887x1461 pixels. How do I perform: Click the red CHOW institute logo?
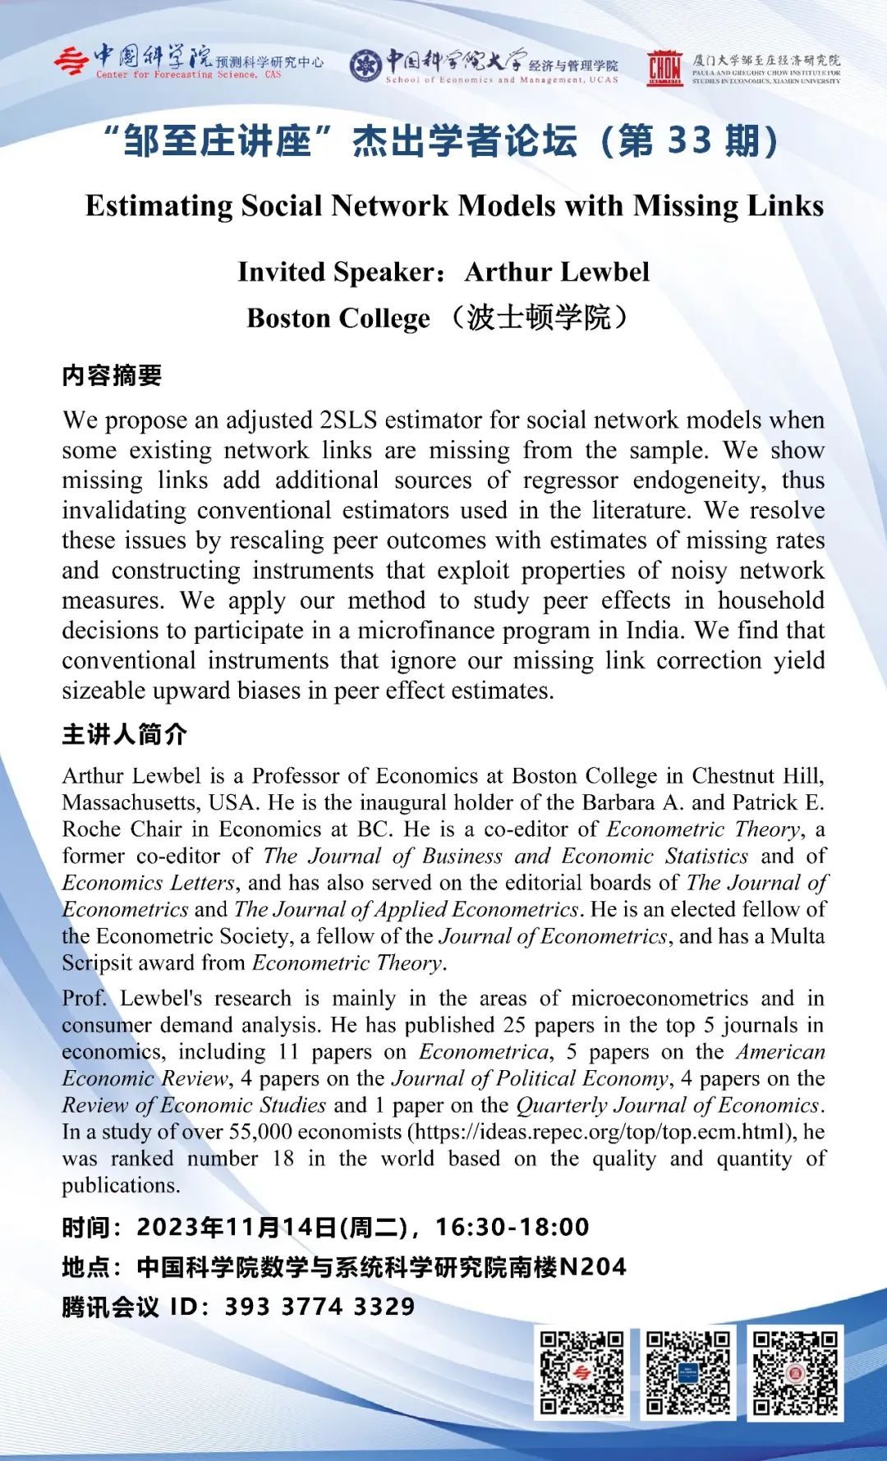click(x=664, y=67)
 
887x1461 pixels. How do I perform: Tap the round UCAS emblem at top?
click(x=365, y=66)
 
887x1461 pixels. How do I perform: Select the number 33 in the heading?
click(x=689, y=141)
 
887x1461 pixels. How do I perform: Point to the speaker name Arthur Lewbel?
click(x=557, y=272)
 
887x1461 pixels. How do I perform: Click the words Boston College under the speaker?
click(x=338, y=318)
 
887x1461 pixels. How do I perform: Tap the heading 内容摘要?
click(x=112, y=375)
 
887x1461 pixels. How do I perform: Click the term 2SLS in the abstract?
click(x=347, y=420)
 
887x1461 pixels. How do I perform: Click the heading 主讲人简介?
click(x=124, y=733)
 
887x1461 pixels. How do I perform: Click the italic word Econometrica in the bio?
click(x=484, y=1051)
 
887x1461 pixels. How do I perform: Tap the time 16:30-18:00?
click(x=512, y=1227)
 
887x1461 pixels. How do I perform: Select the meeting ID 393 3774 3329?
click(x=319, y=1306)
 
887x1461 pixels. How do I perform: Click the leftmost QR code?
click(x=582, y=1372)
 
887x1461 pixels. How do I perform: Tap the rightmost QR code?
click(x=795, y=1372)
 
